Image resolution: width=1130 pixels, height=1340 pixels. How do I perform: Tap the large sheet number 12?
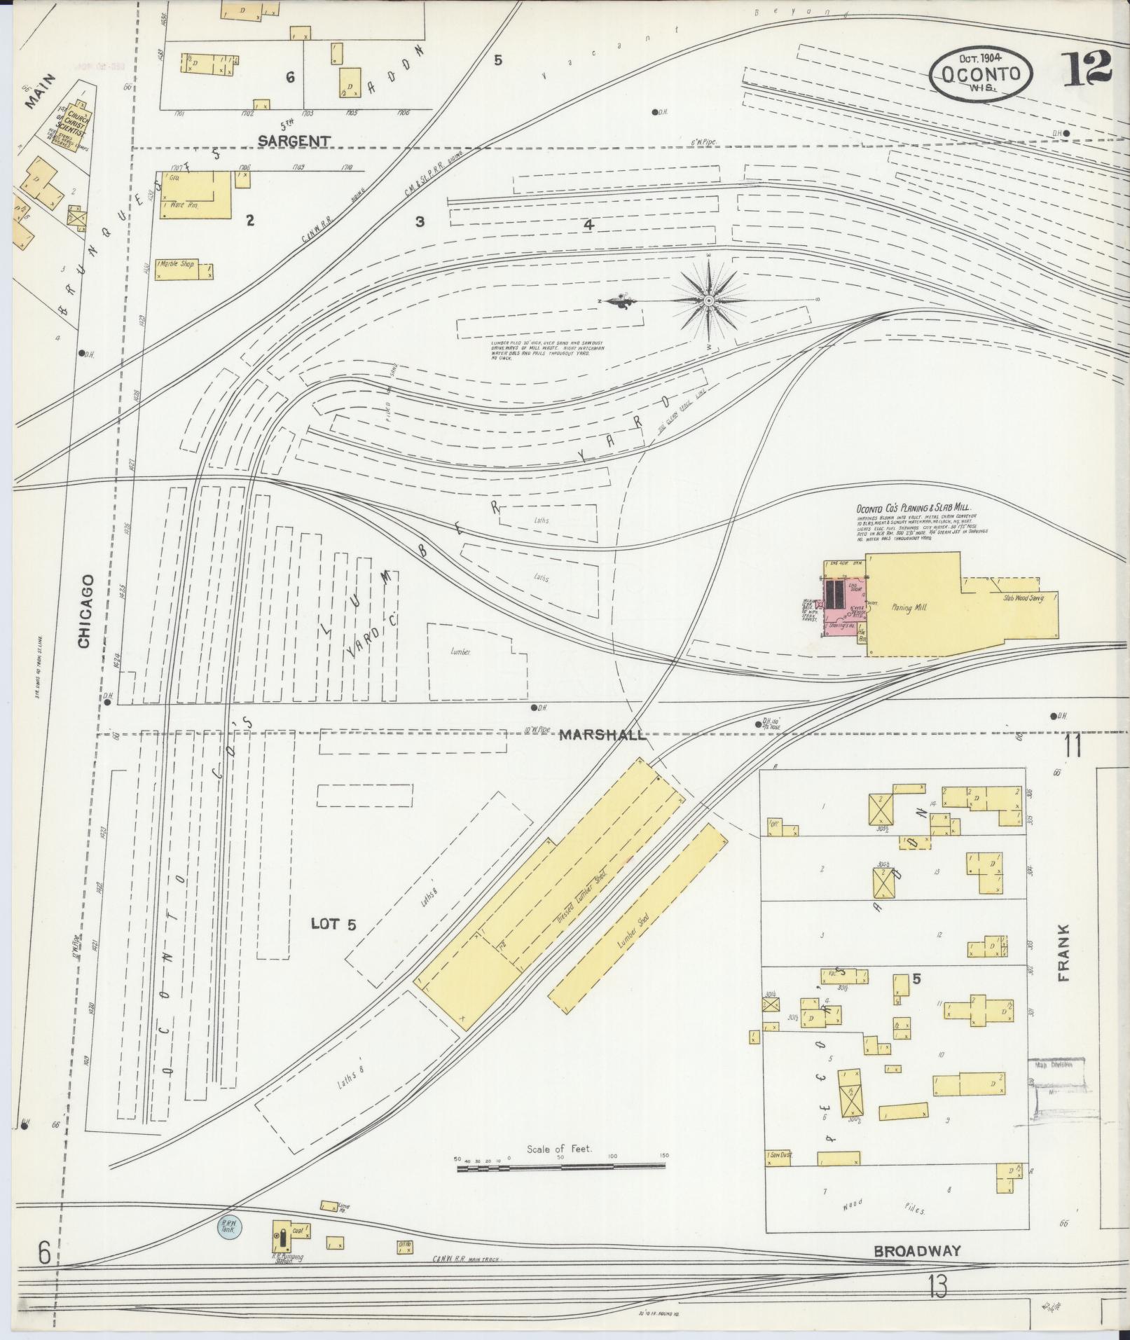tap(1088, 69)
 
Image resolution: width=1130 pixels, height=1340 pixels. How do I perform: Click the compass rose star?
tap(709, 301)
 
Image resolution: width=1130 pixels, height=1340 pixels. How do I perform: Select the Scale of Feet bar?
tap(560, 1167)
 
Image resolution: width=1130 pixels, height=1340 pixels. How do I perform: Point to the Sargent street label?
tap(294, 141)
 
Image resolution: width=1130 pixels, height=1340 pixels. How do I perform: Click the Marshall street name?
tap(602, 735)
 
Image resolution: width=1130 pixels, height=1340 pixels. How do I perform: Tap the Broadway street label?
tap(917, 1250)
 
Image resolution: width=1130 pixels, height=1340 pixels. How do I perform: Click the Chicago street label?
tap(85, 612)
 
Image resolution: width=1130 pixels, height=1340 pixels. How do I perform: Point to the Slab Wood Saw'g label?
tap(1024, 598)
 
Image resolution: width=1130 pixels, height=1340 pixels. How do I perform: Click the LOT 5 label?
tap(333, 925)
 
